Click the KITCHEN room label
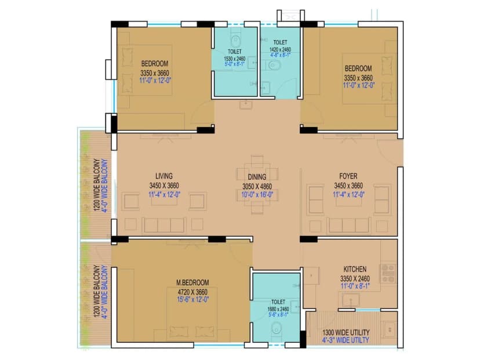354,270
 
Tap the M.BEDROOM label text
192,283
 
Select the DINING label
256,177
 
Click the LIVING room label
163,176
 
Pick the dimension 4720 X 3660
192,292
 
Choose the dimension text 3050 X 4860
256,186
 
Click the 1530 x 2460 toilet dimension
235,59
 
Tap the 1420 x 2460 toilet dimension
279,50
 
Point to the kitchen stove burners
387,273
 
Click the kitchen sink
350,299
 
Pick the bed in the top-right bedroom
369,79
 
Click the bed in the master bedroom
192,322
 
